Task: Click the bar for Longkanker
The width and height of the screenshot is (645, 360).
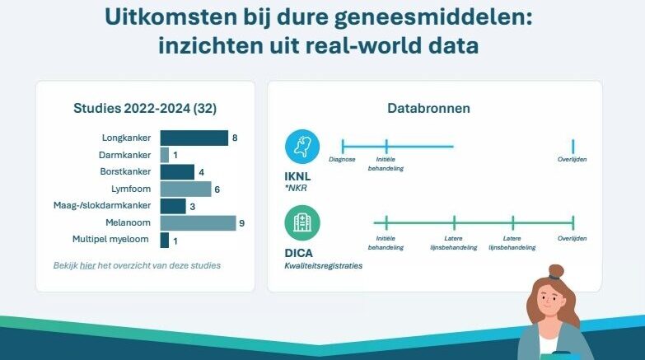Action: (x=194, y=138)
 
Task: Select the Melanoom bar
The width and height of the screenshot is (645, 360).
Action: (x=198, y=222)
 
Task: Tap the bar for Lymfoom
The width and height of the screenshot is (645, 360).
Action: (x=185, y=189)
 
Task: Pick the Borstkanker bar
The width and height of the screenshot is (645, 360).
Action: (x=177, y=171)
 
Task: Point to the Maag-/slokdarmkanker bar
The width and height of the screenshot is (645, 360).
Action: (x=173, y=206)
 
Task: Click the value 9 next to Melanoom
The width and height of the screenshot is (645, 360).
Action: (x=242, y=222)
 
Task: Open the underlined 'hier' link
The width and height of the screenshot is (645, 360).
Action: (x=86, y=265)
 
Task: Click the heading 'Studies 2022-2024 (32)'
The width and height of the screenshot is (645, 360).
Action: (x=145, y=108)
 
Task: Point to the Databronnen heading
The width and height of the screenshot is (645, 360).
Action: (x=434, y=108)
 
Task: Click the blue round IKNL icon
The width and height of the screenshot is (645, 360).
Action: (x=302, y=147)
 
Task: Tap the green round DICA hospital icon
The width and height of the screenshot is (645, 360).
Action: (x=302, y=222)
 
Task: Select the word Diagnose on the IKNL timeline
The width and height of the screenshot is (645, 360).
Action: (x=342, y=159)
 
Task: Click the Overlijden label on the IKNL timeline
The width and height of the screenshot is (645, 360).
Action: (x=573, y=159)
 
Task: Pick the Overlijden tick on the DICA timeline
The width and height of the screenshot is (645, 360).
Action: (x=573, y=222)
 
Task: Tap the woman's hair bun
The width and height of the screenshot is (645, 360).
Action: (x=556, y=272)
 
